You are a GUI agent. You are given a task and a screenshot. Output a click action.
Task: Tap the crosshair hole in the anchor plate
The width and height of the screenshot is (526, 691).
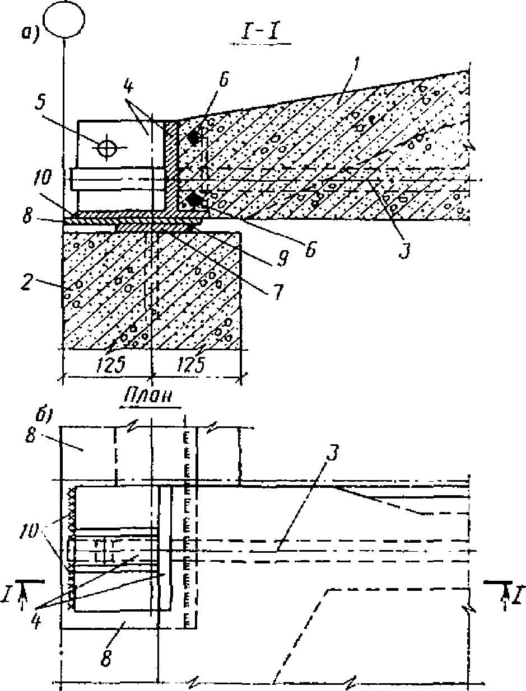click(106, 147)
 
